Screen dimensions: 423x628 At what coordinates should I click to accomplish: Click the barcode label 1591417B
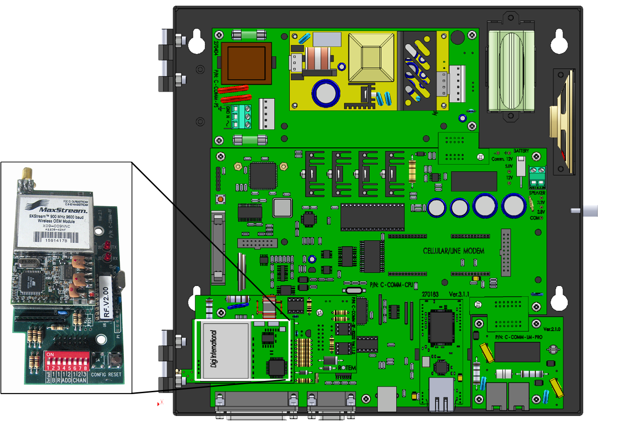click(56, 237)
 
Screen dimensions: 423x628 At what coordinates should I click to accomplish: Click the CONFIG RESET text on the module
click(106, 375)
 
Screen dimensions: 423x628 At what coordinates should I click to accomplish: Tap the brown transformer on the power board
click(246, 63)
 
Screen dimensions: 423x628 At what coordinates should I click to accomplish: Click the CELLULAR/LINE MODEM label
click(453, 251)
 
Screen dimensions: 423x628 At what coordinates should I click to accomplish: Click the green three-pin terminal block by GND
click(241, 117)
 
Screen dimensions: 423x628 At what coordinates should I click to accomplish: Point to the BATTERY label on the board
click(521, 151)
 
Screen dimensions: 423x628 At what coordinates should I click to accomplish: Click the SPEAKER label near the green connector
click(537, 193)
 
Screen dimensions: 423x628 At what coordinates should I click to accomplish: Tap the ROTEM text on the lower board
click(346, 368)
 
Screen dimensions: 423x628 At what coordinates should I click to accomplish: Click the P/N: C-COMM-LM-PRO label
click(519, 337)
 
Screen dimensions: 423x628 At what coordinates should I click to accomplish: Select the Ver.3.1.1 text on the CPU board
click(459, 294)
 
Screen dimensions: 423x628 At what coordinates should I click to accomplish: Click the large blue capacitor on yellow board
click(325, 94)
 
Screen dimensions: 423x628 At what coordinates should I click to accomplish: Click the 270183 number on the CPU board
click(430, 294)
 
